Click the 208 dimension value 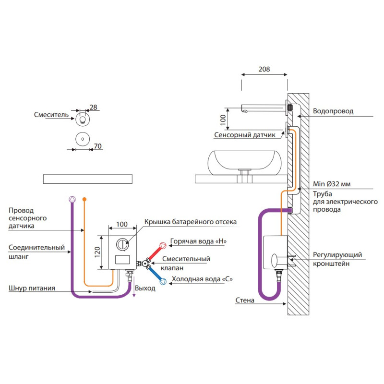point(264,69)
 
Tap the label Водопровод point(333,111)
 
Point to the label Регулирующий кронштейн point(337,259)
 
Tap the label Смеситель point(50,115)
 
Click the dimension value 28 point(94,108)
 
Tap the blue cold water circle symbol point(163,282)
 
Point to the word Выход point(145,288)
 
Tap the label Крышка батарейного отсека point(191,222)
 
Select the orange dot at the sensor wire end point(84,199)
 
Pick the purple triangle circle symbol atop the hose point(72,199)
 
